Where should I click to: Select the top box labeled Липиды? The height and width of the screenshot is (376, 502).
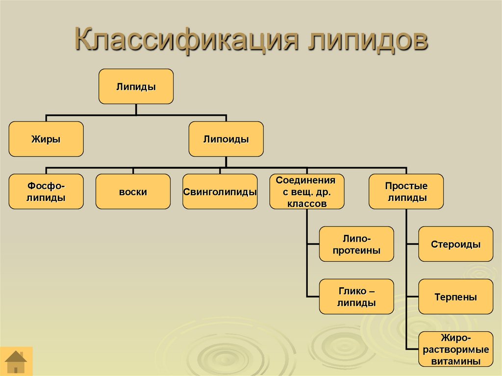click(x=136, y=87)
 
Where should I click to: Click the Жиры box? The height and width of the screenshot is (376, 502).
click(x=46, y=139)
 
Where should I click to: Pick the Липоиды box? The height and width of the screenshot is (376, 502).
click(x=226, y=139)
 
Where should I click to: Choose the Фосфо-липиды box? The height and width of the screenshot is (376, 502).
click(x=46, y=192)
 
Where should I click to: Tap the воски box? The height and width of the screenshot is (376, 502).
click(x=133, y=192)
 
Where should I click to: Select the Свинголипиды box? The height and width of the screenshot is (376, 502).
click(x=220, y=192)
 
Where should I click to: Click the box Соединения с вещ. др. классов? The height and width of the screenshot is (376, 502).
click(x=305, y=192)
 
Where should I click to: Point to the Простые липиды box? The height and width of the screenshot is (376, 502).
click(x=406, y=192)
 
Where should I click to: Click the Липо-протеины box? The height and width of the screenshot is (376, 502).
click(x=356, y=244)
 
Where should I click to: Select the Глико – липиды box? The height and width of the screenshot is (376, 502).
click(x=356, y=297)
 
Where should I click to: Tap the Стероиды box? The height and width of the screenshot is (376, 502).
click(x=455, y=244)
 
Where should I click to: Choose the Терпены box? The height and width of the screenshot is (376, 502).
click(x=455, y=297)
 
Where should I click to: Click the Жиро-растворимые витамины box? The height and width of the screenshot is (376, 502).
click(x=455, y=349)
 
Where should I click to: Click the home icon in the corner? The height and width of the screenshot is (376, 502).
click(x=17, y=361)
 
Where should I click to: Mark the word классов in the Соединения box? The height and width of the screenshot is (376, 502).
click(x=305, y=204)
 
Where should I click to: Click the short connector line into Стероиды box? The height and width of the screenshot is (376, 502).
click(x=412, y=244)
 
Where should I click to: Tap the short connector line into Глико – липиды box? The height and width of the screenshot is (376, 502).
click(x=313, y=297)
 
